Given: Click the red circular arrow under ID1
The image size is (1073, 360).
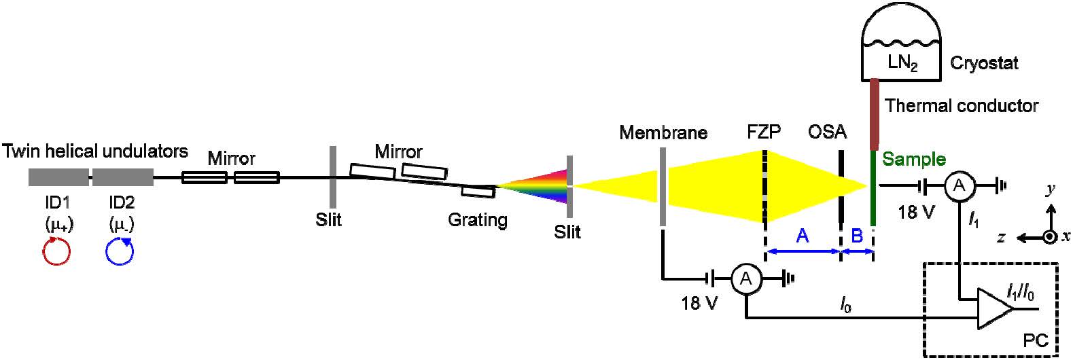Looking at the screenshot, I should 57,252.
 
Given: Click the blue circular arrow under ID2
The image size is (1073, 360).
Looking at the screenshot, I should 120,252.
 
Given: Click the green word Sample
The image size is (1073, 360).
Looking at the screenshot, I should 914,160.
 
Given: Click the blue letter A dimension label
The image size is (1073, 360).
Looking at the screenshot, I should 803,236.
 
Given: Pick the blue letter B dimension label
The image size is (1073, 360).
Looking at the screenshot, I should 857,236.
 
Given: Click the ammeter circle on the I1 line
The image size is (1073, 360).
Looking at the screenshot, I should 958,185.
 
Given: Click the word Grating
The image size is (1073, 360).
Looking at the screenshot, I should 478,220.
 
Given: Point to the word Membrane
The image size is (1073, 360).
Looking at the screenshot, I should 663,132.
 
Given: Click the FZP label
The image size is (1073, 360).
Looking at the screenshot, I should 764,132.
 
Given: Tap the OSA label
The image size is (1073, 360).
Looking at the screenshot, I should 828,132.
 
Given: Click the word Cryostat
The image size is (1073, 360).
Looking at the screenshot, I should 984,65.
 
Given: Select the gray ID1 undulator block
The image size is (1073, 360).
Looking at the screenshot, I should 58,177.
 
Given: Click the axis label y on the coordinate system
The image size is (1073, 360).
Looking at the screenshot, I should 1051,190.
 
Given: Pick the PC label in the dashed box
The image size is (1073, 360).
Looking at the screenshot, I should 1036,341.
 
